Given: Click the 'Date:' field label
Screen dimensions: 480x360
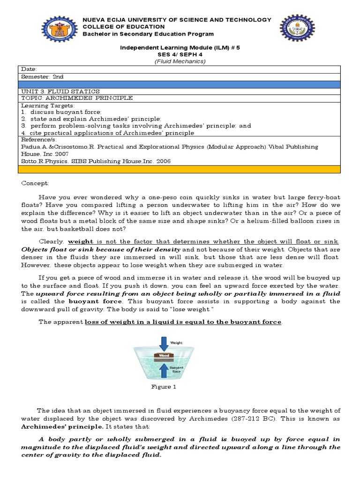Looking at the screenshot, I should point(30,69).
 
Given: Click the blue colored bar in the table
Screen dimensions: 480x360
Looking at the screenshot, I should point(180,84).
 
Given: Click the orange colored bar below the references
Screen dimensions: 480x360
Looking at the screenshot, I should point(180,169).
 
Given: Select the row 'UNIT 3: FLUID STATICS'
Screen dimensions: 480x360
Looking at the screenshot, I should point(60,91).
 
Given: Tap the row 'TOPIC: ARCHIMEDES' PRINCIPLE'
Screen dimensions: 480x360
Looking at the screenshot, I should point(77,98).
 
